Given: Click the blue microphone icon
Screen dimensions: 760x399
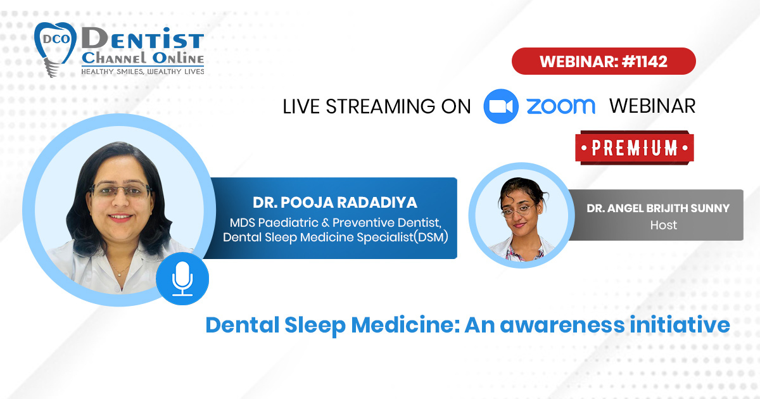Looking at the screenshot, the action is [182, 279].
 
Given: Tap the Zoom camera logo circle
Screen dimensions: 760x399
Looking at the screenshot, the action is [501, 106].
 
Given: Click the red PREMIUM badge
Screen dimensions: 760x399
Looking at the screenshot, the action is [635, 148].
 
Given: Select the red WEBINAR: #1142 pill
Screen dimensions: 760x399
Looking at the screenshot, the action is [604, 61].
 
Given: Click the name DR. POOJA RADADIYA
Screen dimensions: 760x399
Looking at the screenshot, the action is [335, 203].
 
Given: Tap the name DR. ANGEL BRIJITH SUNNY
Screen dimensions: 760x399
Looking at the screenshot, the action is [658, 208].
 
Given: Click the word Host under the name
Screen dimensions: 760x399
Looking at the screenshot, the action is [664, 225].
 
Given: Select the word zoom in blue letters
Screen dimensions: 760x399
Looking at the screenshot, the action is [561, 106].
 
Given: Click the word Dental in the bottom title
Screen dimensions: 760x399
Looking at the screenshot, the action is [242, 325].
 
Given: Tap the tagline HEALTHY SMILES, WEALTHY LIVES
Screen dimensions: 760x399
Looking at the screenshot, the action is [142, 72].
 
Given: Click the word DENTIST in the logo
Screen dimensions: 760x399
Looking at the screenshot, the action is [142, 39].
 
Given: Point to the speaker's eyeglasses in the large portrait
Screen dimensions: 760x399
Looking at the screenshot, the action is [121, 191].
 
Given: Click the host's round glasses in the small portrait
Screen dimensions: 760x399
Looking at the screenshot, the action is [516, 212].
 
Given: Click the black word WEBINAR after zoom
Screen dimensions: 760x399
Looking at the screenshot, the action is [652, 106].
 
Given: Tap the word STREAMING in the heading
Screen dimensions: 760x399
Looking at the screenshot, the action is [380, 106].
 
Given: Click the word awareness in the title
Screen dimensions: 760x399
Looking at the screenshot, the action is [562, 325].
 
